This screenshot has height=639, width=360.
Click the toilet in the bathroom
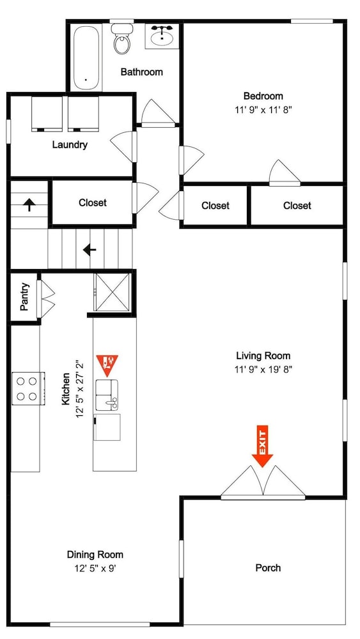(121, 39)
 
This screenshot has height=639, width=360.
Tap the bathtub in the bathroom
(86, 58)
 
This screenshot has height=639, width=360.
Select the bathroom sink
(162, 36)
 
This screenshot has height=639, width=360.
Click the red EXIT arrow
(262, 446)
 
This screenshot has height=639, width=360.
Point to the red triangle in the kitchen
(107, 365)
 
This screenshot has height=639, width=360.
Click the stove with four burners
(27, 389)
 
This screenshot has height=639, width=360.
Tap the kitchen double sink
(107, 395)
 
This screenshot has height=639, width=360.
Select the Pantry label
(24, 297)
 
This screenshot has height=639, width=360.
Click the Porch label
(268, 567)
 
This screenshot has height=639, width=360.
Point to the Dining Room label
(95, 555)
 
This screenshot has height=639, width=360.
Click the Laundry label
(70, 144)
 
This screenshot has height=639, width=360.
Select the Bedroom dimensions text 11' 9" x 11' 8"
(263, 110)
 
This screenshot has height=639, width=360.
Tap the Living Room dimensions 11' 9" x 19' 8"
(263, 369)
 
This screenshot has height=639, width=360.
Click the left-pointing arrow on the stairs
(90, 249)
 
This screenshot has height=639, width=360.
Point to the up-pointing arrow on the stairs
(29, 204)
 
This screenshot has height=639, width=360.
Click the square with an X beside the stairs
(112, 293)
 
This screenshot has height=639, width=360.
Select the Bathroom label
(141, 72)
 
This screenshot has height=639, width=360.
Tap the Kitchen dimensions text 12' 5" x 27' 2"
(80, 389)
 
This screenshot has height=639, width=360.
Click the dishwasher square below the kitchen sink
(107, 427)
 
